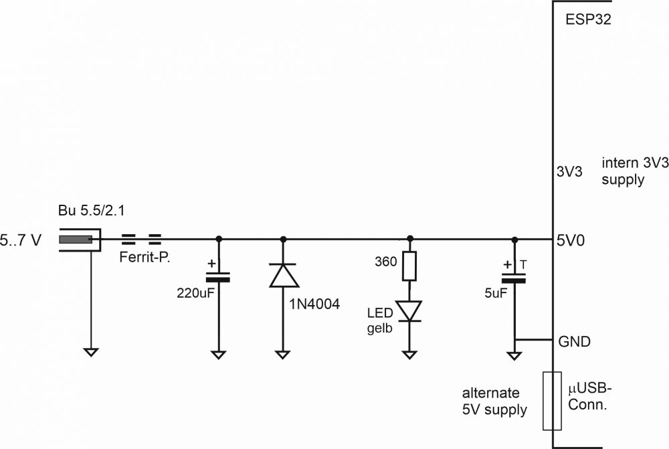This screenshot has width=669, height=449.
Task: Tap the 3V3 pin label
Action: tap(570, 171)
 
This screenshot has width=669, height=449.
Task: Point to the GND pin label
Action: tap(574, 341)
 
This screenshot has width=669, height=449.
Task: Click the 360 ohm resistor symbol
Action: tap(409, 266)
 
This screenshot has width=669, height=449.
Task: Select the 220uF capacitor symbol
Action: tap(218, 276)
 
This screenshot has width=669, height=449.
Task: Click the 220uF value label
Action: tap(195, 292)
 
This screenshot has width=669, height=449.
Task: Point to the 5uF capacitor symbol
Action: tap(514, 276)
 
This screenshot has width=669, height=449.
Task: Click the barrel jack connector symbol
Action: tap(79, 240)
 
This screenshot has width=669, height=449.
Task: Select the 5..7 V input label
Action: tap(20, 239)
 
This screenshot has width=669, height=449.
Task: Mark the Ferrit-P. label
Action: tap(143, 256)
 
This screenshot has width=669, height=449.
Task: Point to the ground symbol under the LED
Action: tap(409, 354)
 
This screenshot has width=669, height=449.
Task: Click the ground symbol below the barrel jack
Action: tap(90, 352)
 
